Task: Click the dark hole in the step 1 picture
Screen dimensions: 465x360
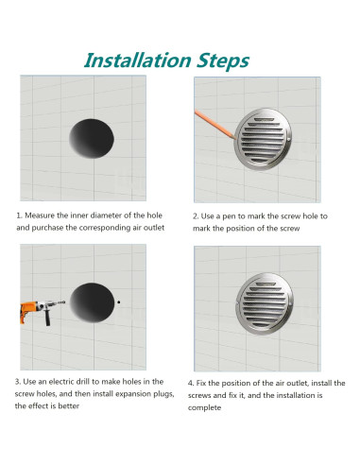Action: (92, 138)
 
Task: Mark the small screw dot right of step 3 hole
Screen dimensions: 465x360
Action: (120, 302)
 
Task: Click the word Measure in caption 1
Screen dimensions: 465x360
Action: (42, 215)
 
